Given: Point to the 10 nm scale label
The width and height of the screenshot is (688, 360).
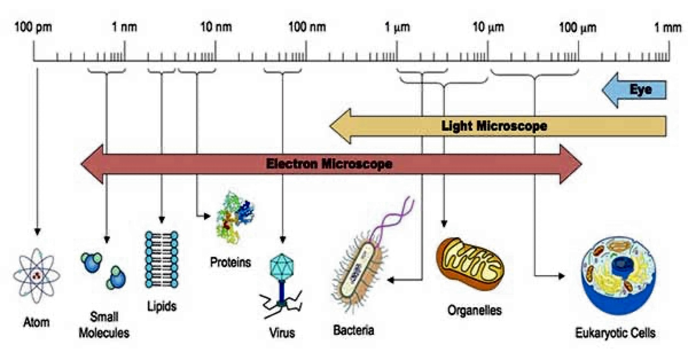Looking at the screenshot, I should [216, 28].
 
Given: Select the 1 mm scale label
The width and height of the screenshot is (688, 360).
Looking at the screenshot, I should [667, 28].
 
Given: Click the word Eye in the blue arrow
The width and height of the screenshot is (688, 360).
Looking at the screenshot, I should [641, 89].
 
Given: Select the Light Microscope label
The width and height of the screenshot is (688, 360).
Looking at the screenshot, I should [494, 126].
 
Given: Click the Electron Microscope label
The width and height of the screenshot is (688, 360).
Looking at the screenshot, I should [329, 164].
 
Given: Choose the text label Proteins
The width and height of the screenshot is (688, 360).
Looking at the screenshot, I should [230, 263].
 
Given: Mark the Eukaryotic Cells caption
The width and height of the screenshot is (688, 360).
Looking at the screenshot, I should [615, 332].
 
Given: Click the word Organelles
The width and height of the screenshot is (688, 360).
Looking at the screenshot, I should [474, 310].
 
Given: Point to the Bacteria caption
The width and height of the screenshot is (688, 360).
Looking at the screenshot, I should [353, 330].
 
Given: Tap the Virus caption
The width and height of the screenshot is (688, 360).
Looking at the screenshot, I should [282, 332].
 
